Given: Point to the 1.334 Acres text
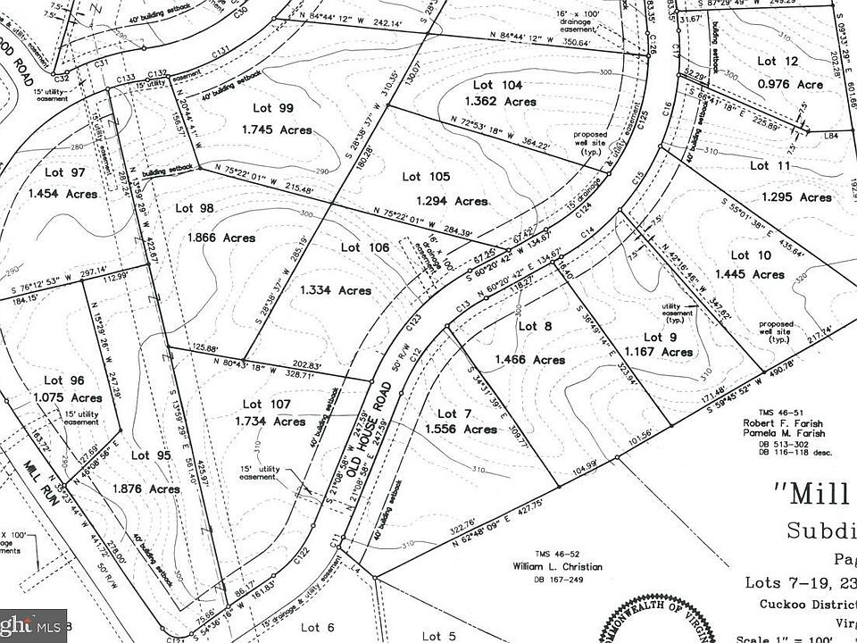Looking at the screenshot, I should coord(335,289).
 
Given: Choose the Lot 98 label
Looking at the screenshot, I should coord(196,207).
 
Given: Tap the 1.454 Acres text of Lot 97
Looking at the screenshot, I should coord(62,193).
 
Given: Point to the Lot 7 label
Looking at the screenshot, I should coord(453,413).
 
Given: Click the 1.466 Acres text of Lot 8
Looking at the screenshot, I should coord(529,359).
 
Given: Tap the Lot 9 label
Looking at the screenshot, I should coord(653,337).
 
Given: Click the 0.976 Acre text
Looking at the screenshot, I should coord(789,85).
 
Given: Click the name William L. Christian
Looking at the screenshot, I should coord(557,567).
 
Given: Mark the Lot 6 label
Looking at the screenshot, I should coord(317,627).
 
